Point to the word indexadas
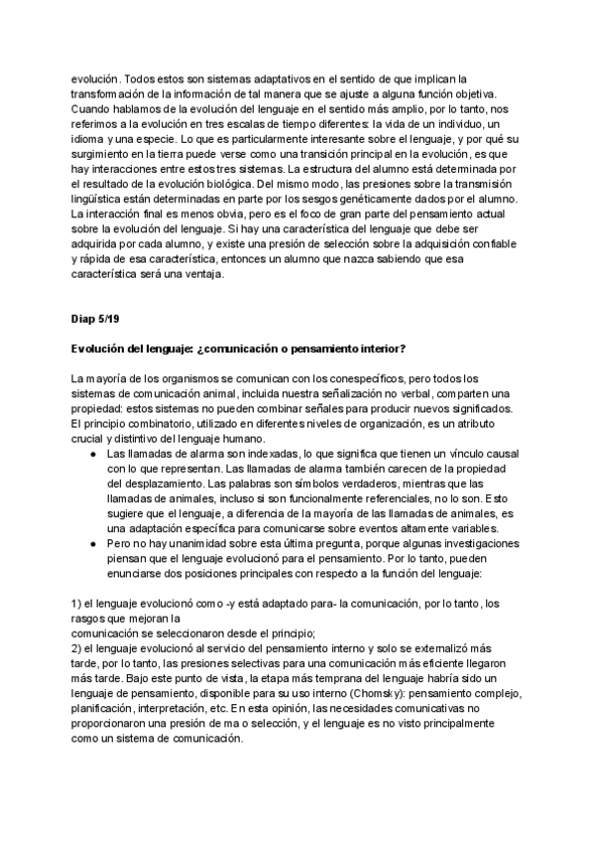(241, 454)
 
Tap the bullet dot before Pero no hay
(91, 546)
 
